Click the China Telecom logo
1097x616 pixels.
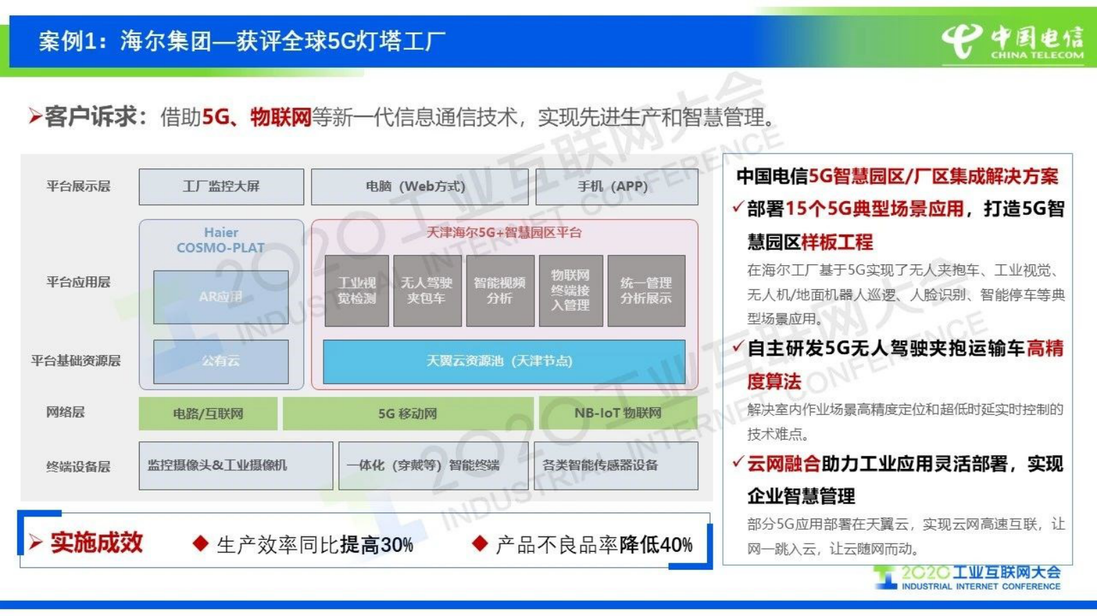pyautogui.click(x=1012, y=41)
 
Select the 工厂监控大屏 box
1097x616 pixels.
pyautogui.click(x=221, y=186)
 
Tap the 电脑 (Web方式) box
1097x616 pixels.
pyautogui.click(x=419, y=186)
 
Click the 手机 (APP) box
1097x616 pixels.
pyautogui.click(x=617, y=186)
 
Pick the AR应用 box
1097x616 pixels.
pyautogui.click(x=221, y=297)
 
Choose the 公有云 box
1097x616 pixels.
pyautogui.click(x=221, y=361)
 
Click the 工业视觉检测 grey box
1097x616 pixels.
pyautogui.click(x=357, y=291)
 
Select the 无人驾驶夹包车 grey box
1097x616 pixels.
pyautogui.click(x=427, y=291)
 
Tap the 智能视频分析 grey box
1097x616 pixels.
pyautogui.click(x=500, y=291)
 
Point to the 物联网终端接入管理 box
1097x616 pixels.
pyautogui.click(x=570, y=291)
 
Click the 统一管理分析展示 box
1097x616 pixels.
pyautogui.click(x=646, y=291)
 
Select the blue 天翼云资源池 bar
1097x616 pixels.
pyautogui.click(x=504, y=361)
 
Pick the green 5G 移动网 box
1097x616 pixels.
pyautogui.click(x=408, y=414)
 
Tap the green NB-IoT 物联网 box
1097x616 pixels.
pyautogui.click(x=618, y=414)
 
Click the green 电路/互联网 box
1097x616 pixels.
pyautogui.click(x=208, y=414)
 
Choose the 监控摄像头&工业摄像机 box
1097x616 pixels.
pyautogui.click(x=235, y=466)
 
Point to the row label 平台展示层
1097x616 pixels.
pyautogui.click(x=78, y=186)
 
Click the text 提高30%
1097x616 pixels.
pyautogui.click(x=377, y=545)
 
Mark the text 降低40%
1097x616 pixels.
pyautogui.click(x=656, y=545)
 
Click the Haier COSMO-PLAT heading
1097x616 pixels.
pyautogui.click(x=221, y=240)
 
